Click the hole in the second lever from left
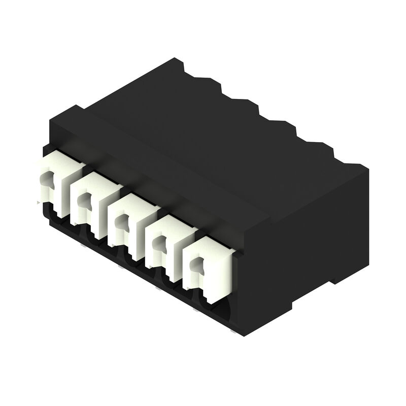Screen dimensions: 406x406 [81, 200]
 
